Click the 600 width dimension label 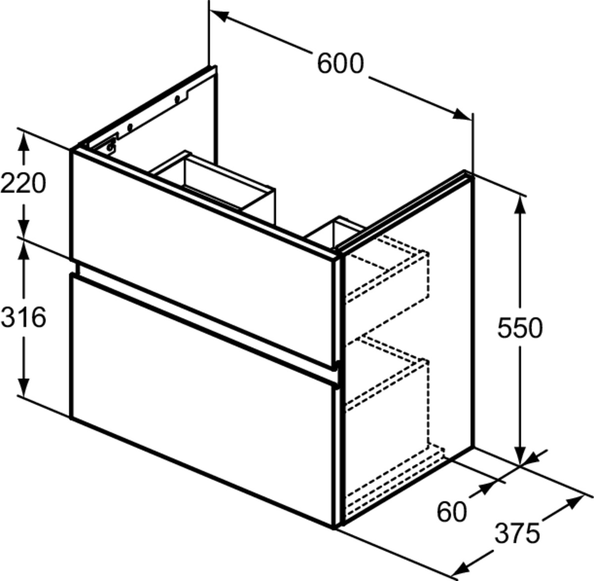click(x=340, y=63)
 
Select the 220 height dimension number click(x=23, y=183)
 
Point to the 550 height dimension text click(x=520, y=328)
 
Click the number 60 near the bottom click(x=451, y=512)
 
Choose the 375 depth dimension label click(x=517, y=533)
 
